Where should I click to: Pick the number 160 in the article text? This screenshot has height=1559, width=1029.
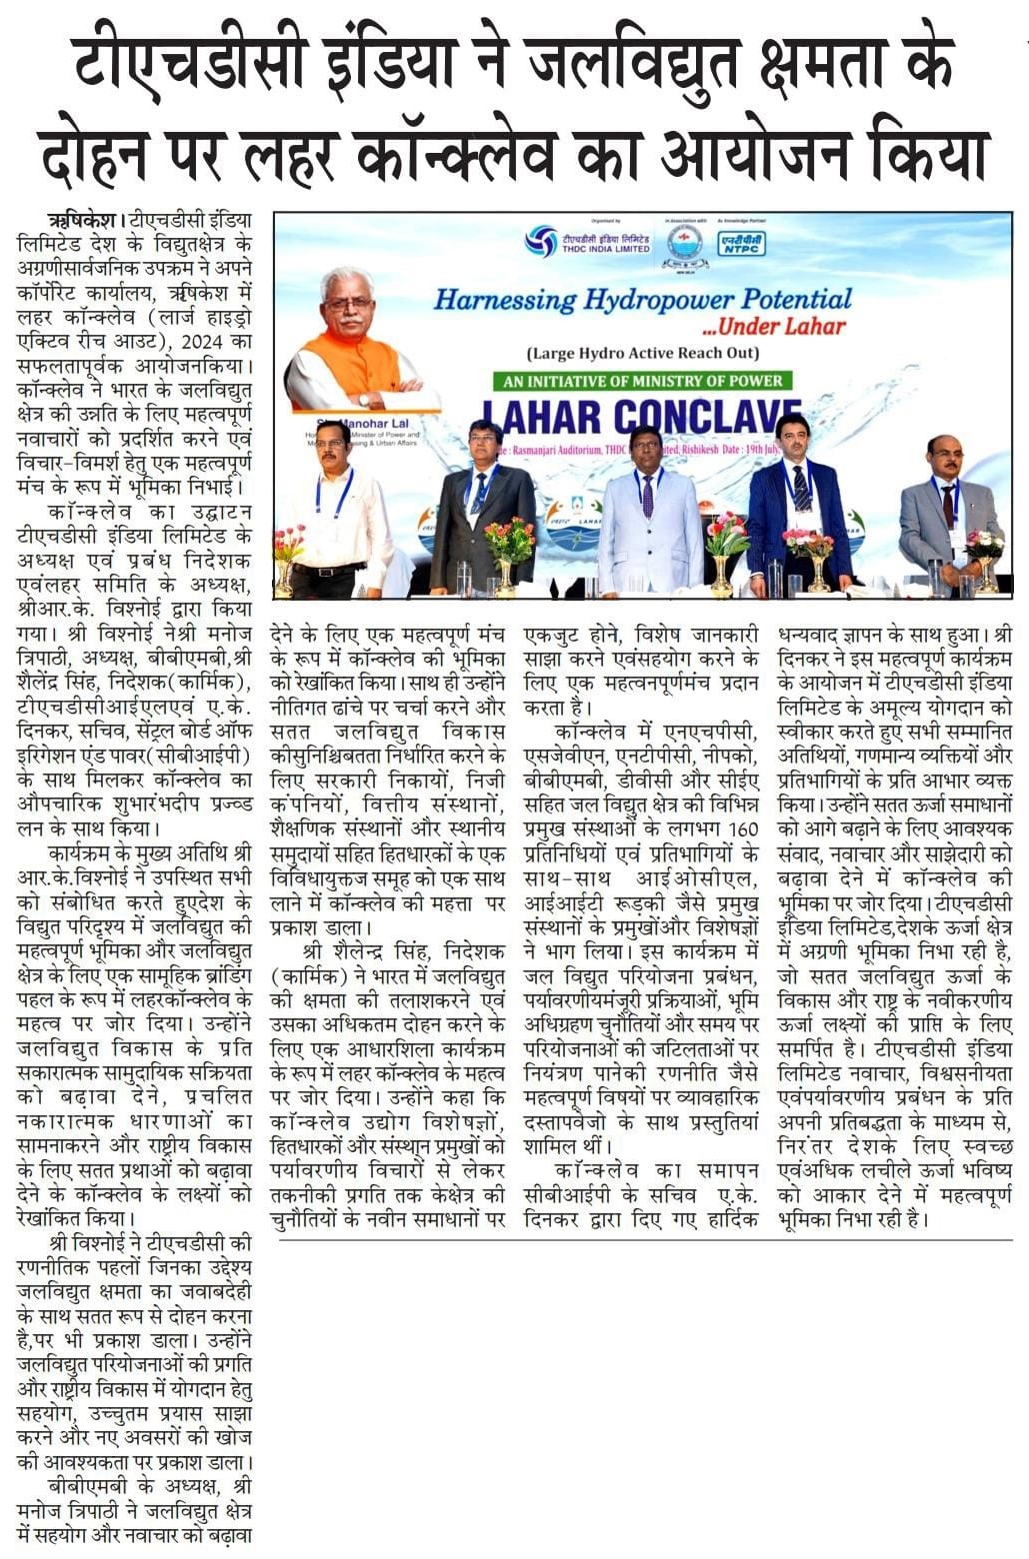point(743,828)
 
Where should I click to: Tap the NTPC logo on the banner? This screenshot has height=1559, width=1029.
point(742,241)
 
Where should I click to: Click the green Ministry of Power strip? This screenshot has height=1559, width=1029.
point(645,381)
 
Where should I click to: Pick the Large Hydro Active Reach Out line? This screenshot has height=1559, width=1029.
point(643,352)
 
